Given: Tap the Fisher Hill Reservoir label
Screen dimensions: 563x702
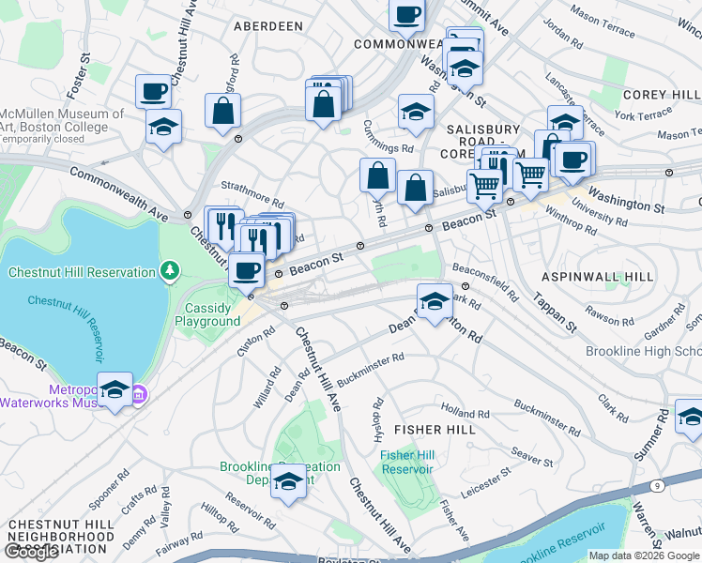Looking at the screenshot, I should [407, 462].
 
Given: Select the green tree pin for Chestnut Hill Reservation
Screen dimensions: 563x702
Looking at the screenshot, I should [169, 272].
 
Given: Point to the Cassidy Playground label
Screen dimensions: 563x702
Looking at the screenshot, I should [207, 314].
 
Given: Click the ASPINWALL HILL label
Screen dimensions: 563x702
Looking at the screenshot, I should [597, 277].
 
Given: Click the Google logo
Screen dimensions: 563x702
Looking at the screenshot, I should [32, 552].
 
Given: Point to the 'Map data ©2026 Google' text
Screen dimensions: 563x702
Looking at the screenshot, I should [644, 555].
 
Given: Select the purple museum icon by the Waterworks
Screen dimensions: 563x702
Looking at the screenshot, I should [138, 392].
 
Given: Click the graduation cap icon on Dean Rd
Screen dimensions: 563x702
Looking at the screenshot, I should [434, 301].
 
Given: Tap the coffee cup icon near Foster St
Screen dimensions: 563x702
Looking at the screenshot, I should [153, 91].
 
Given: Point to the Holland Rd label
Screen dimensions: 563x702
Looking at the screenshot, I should [465, 413].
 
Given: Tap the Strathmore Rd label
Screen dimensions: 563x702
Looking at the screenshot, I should [251, 200].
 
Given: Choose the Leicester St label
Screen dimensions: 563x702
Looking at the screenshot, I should [490, 485].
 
